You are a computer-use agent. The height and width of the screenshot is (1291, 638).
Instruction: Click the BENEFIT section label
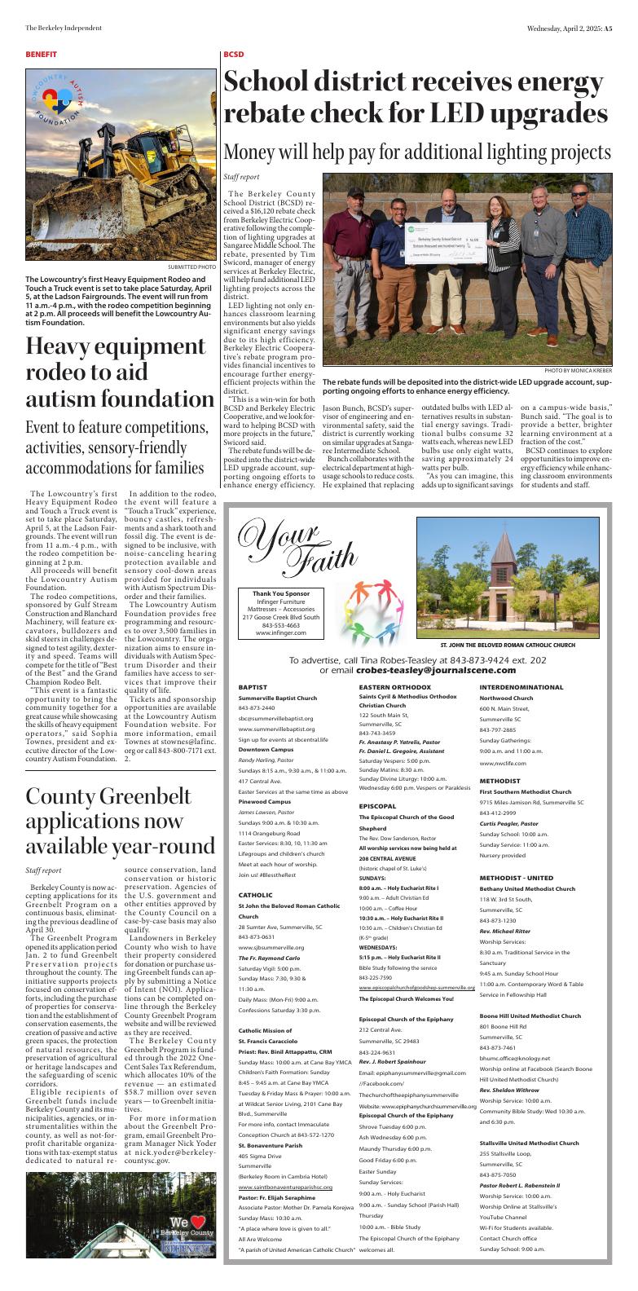41,55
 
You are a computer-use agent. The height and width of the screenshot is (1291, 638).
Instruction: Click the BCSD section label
233,55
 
